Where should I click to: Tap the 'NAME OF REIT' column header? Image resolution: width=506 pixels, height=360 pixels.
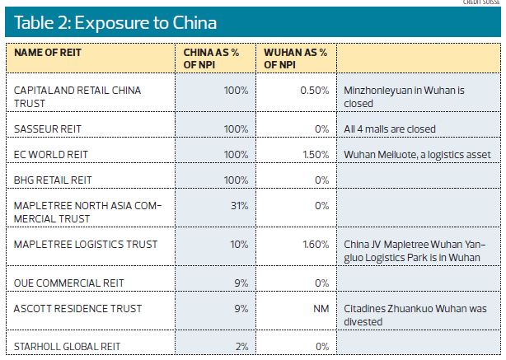click(x=48, y=53)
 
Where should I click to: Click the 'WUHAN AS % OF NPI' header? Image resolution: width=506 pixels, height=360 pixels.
click(x=295, y=58)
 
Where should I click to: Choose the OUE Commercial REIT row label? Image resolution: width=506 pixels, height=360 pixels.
click(x=68, y=283)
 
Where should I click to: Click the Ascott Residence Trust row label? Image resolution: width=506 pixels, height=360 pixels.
click(x=77, y=308)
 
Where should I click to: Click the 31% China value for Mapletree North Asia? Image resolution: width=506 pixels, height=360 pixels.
click(x=239, y=205)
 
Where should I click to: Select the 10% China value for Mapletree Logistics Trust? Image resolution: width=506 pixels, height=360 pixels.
click(x=239, y=244)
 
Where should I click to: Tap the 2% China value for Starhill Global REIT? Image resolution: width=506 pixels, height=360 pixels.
click(x=241, y=347)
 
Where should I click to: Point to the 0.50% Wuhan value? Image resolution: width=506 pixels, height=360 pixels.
click(x=315, y=90)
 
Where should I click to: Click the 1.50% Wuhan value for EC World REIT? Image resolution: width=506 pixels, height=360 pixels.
click(x=316, y=154)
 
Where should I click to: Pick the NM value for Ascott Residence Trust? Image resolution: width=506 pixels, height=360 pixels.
click(x=321, y=308)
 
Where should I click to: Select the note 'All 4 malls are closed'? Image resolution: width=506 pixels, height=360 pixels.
click(x=390, y=129)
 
